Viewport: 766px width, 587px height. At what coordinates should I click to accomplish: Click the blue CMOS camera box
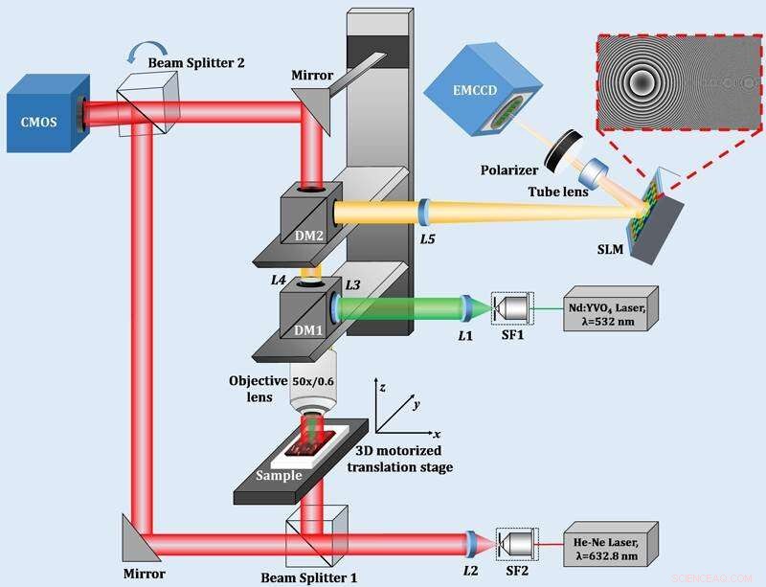(x=43, y=113)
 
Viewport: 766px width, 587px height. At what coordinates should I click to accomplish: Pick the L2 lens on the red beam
(x=470, y=544)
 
